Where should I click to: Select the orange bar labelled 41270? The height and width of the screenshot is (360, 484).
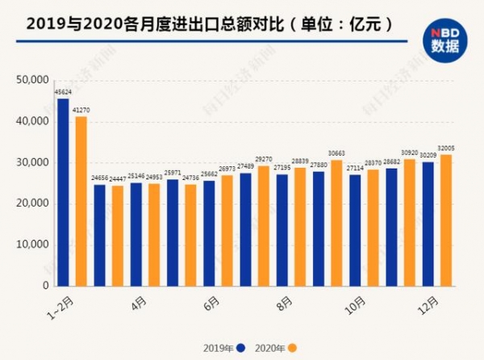click(81, 201)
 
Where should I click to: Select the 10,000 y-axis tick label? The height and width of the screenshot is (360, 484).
click(31, 245)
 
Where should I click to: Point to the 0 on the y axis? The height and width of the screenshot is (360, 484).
click(45, 286)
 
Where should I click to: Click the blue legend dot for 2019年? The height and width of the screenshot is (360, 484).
click(240, 348)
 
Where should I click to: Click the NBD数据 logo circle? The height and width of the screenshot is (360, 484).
click(444, 35)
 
